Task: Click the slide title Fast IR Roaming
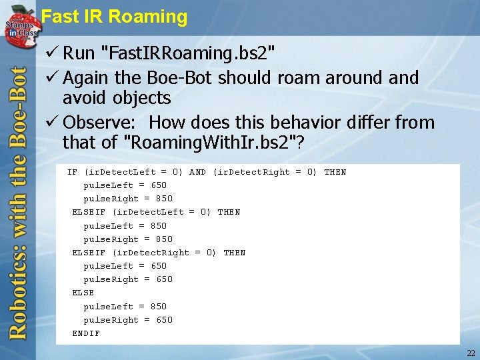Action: pos(114,17)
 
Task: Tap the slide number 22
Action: pos(471,353)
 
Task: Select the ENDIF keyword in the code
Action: pos(86,333)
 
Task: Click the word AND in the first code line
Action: pos(197,172)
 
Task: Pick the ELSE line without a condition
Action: pos(83,293)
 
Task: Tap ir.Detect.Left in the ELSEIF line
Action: pos(149,212)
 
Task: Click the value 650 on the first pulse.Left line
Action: pos(159,185)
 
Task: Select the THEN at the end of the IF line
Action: pos(335,172)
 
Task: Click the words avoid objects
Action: pos(117,98)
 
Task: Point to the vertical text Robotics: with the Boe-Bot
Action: pos(18,200)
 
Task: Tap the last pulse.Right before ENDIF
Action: pos(111,320)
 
